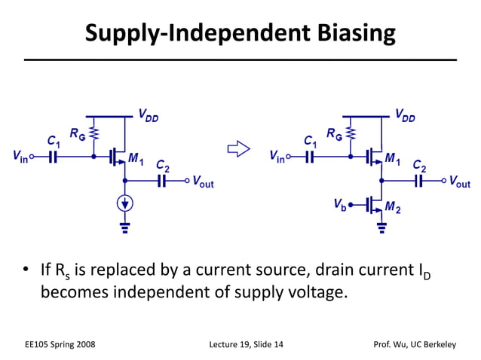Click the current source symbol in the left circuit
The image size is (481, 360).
(x=124, y=203)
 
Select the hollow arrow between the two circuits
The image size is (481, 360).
(x=238, y=151)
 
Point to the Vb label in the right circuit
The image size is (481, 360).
(x=340, y=204)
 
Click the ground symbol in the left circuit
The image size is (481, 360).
(x=124, y=224)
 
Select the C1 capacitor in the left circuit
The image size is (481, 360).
(x=53, y=157)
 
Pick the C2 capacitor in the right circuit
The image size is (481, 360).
(x=419, y=181)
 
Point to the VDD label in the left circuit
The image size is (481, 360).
(x=148, y=115)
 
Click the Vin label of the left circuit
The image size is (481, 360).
(x=21, y=157)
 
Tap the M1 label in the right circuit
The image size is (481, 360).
(x=393, y=158)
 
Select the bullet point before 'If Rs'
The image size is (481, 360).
(x=26, y=270)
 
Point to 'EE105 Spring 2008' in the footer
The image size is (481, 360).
(x=60, y=345)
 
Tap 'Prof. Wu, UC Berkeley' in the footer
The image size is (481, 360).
(x=415, y=345)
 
